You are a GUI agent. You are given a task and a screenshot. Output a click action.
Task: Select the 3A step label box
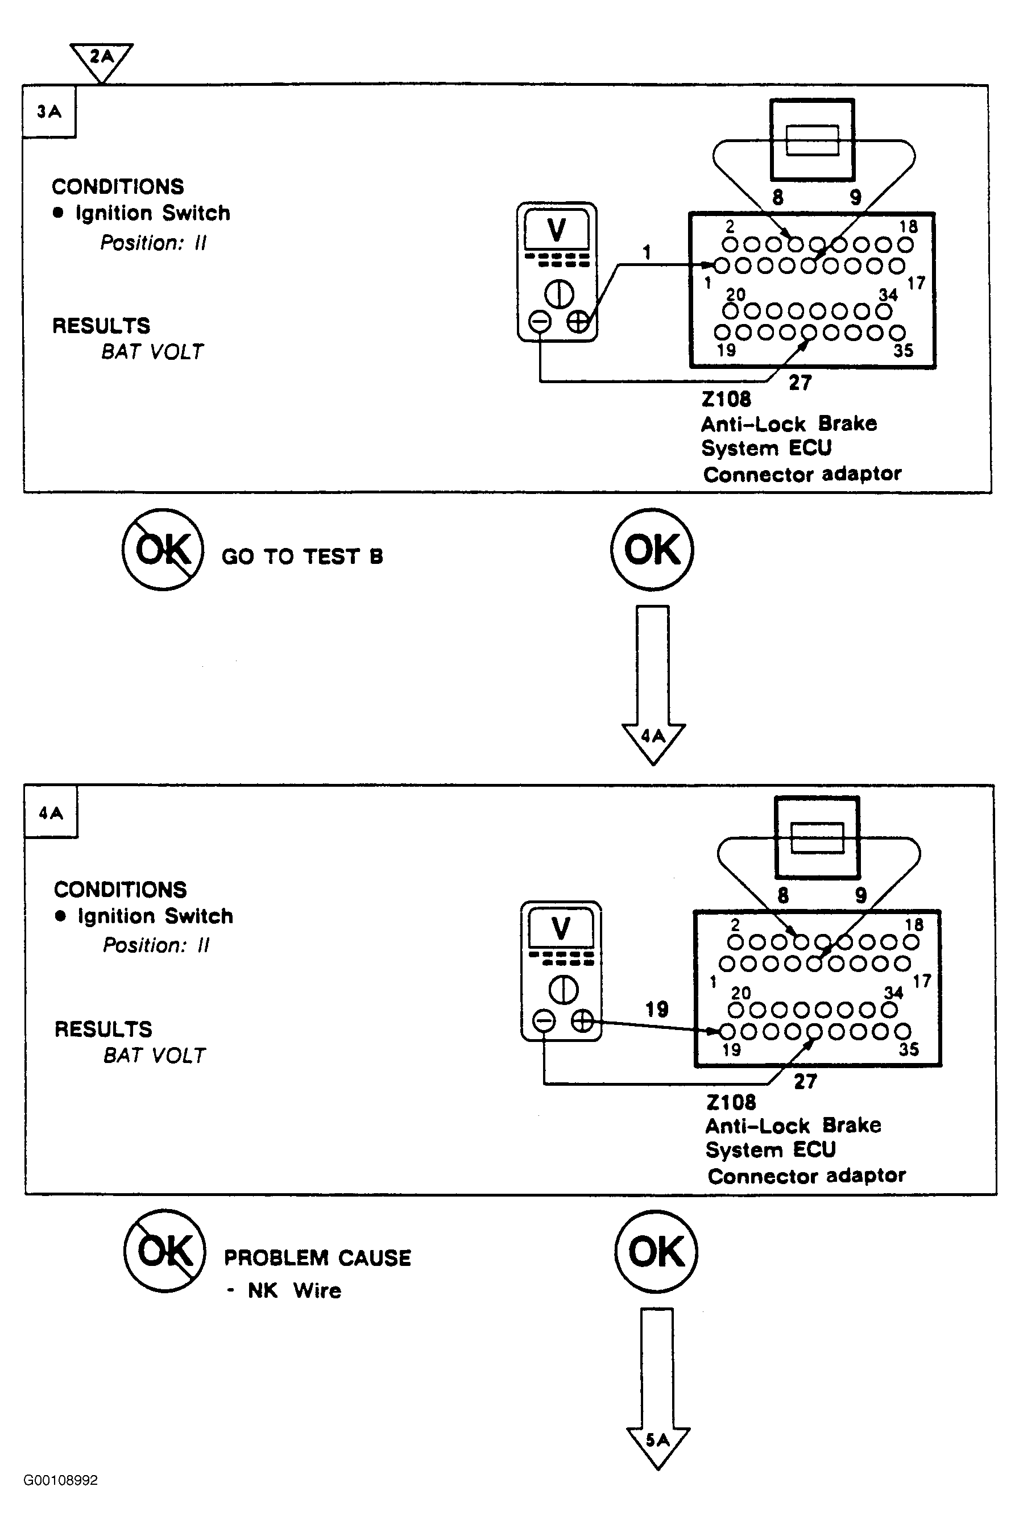pos(49,112)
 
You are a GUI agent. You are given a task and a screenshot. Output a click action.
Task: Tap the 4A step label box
pos(51,813)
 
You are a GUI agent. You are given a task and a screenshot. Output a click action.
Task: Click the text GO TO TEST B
pos(302,556)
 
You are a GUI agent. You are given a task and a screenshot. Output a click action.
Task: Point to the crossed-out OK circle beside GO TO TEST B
pos(163,550)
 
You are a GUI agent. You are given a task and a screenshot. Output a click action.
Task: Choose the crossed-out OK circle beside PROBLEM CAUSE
pos(165,1250)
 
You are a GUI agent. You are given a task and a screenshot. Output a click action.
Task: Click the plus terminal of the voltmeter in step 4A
pos(582,1022)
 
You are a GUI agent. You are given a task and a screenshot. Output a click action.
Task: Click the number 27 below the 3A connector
pos(800,383)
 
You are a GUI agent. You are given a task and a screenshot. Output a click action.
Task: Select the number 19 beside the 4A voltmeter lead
pos(656,1009)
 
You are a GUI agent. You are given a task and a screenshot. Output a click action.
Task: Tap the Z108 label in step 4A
pos(731,1102)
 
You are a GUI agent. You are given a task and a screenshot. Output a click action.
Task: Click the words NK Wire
pos(294,1290)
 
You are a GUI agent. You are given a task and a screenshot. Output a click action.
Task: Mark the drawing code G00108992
pos(60,1480)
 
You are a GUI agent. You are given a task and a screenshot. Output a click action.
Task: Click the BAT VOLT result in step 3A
pos(152,351)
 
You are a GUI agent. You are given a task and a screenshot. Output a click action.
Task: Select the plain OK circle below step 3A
pos(652,550)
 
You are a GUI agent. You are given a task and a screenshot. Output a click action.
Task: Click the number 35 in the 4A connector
pos(909,1049)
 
